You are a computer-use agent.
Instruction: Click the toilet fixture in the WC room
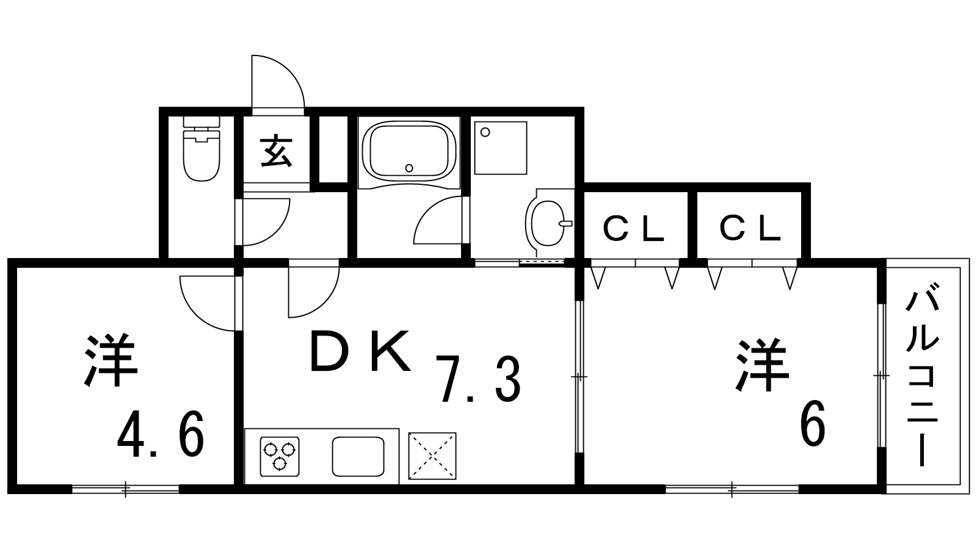coord(201,149)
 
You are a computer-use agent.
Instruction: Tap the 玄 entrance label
coord(276,152)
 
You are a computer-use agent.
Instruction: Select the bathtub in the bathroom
coord(409,152)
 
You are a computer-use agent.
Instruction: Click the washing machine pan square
coord(501,148)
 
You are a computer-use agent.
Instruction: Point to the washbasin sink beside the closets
coord(549,223)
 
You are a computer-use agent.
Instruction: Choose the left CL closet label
coord(633,229)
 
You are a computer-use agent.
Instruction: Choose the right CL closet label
coord(750,229)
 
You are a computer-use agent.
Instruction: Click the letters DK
coord(360,351)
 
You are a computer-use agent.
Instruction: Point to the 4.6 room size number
coord(160,434)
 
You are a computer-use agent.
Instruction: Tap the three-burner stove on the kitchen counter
coord(280,456)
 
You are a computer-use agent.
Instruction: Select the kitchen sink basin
coord(358,457)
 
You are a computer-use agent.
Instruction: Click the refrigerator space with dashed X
coord(432,456)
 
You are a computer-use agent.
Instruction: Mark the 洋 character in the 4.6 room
coord(111,361)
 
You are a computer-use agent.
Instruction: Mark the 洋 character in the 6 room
coord(763,365)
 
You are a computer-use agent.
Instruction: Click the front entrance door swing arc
coord(277,82)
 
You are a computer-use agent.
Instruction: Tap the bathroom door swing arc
coord(438,220)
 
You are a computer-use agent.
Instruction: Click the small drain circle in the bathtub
coord(409,168)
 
